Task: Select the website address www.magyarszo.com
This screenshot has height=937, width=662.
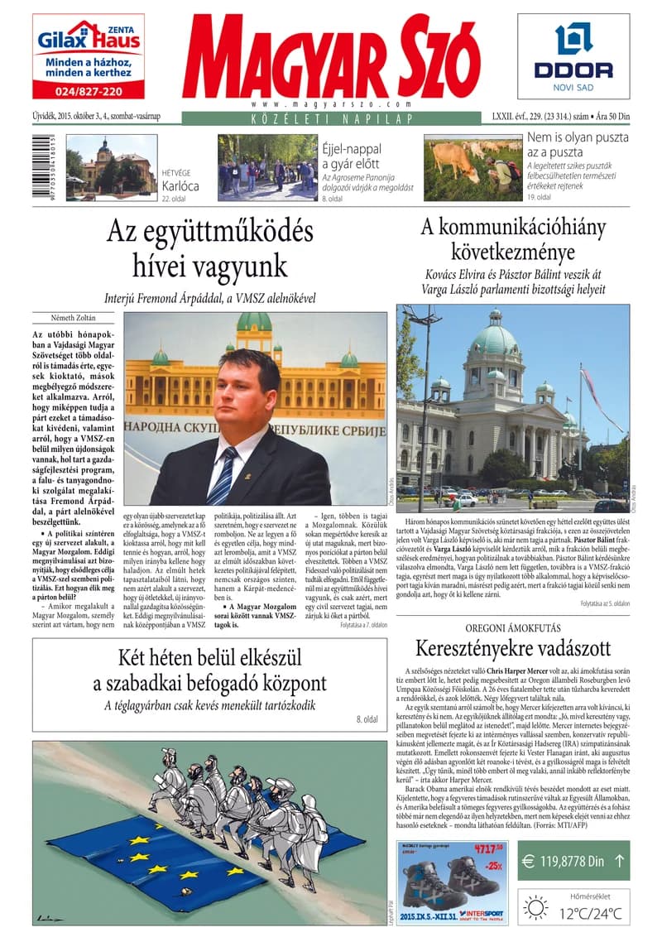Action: click(331, 105)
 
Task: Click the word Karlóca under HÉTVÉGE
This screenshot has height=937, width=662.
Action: click(180, 185)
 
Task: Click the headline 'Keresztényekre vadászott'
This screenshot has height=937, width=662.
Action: click(513, 647)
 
